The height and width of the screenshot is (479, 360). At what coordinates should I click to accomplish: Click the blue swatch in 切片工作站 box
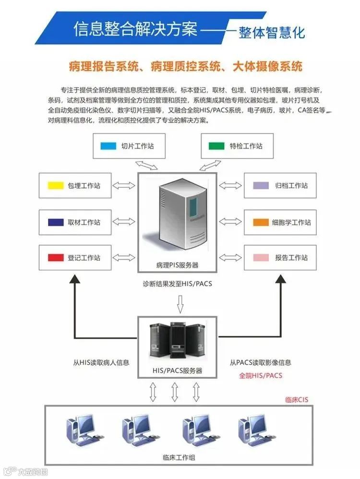pyautogui.click(x=108, y=146)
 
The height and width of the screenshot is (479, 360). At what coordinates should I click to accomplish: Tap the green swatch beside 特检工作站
pyautogui.click(x=216, y=146)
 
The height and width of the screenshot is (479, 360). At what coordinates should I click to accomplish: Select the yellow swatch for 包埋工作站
pyautogui.click(x=55, y=185)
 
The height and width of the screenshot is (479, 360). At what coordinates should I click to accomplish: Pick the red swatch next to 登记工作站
pyautogui.click(x=55, y=258)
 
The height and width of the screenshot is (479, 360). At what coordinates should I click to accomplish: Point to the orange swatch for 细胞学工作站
pyautogui.click(x=261, y=222)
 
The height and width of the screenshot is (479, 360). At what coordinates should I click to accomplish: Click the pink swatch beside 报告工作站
pyautogui.click(x=261, y=258)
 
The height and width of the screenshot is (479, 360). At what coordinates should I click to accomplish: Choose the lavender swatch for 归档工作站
pyautogui.click(x=261, y=185)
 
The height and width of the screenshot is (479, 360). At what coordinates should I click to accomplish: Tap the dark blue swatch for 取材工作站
pyautogui.click(x=55, y=222)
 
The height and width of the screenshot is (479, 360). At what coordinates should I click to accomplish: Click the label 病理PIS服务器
pyautogui.click(x=177, y=265)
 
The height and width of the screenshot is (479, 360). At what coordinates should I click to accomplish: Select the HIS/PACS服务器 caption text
pyautogui.click(x=177, y=371)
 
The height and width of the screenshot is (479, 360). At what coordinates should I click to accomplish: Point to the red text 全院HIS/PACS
pyautogui.click(x=261, y=375)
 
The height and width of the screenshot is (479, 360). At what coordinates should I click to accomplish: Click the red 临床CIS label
pyautogui.click(x=296, y=400)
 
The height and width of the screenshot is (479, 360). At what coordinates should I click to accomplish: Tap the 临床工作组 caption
pyautogui.click(x=179, y=457)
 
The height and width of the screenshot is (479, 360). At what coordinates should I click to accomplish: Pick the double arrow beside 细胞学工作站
pyautogui.click(x=231, y=222)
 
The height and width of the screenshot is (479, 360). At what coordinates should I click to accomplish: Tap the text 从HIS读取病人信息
pyautogui.click(x=101, y=363)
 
